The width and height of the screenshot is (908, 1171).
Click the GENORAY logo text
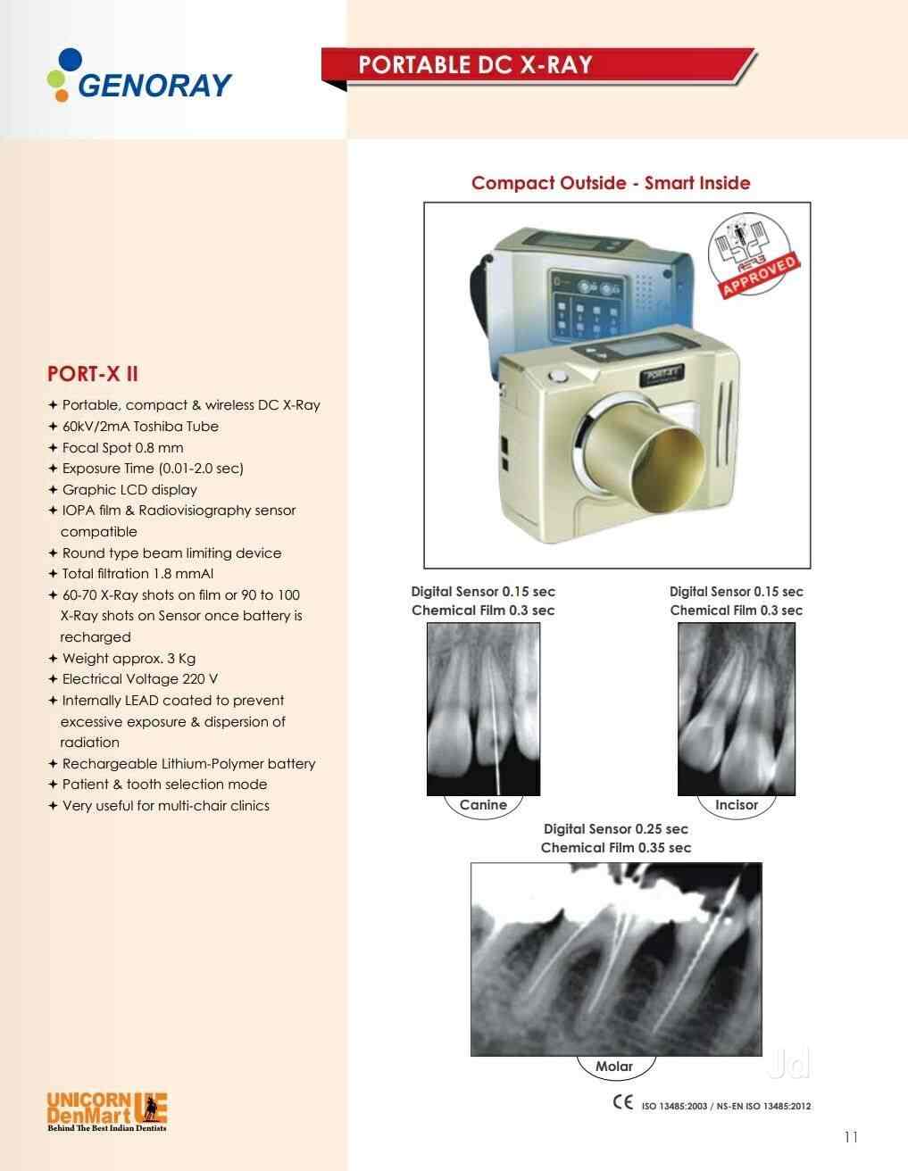(154, 85)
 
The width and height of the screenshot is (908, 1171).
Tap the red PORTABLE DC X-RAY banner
(475, 64)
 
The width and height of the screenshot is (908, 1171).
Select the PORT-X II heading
(92, 373)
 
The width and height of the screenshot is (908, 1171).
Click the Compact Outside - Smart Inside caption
(611, 183)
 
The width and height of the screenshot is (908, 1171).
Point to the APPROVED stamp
(752, 259)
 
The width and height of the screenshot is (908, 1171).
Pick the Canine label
(483, 804)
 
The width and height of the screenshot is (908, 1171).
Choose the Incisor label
(737, 804)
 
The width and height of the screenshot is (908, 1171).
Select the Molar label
(614, 1066)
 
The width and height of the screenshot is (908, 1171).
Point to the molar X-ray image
(616, 959)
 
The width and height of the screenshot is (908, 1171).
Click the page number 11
(850, 1136)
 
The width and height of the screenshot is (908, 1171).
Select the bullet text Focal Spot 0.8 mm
(122, 448)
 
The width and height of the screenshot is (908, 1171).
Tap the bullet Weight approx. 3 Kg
(129, 659)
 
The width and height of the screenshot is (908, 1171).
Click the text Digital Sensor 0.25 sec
(616, 829)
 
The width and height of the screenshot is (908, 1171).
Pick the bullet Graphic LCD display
(129, 490)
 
